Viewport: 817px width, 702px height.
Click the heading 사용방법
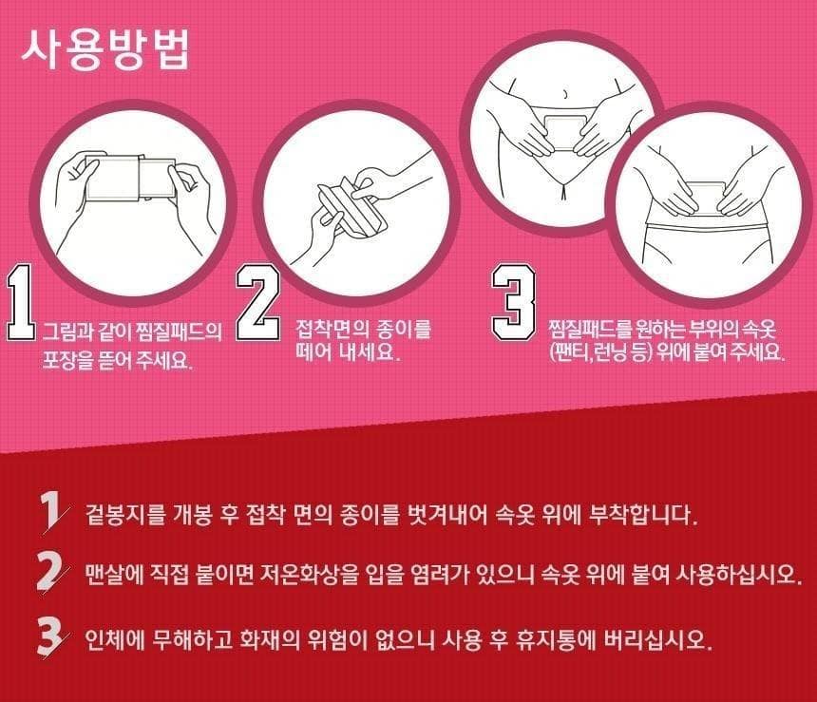(105, 50)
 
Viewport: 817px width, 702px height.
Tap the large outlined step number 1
(20, 303)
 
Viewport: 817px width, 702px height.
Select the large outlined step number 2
(256, 303)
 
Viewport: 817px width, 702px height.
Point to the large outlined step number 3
(514, 302)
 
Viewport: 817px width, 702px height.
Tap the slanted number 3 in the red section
(50, 636)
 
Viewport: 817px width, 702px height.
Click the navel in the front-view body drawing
(565, 94)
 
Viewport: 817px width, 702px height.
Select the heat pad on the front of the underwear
(565, 133)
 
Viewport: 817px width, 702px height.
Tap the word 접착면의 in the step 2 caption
(332, 329)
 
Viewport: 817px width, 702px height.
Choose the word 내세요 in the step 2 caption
(370, 351)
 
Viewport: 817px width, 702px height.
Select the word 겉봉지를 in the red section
(125, 515)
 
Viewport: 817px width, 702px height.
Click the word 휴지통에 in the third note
(556, 639)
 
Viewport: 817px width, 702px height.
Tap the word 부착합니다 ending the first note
(643, 515)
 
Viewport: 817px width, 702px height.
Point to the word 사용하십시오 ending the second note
(739, 575)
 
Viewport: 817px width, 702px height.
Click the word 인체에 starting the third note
(115, 639)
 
